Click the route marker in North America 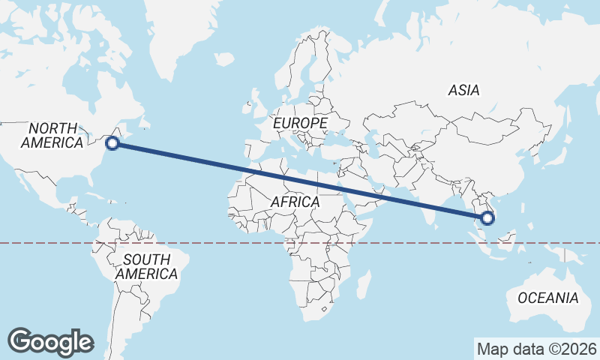pos(112,142)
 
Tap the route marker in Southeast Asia pos(488,218)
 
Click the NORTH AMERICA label pos(52,135)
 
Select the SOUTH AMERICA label pos(146,266)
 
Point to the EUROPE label pos(300,122)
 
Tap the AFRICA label pos(295,202)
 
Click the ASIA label pos(463,90)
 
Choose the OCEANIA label pos(547,298)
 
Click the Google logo pos(50,341)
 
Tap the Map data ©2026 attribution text pos(536,349)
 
